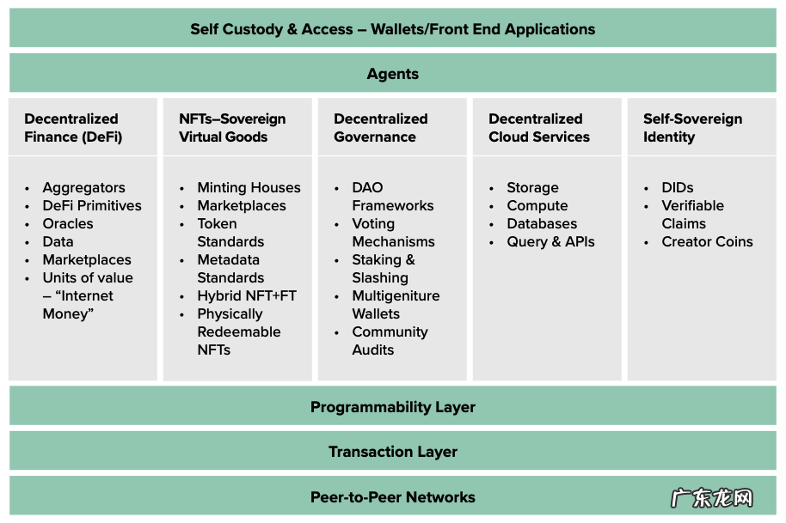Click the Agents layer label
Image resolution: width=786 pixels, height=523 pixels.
click(392, 74)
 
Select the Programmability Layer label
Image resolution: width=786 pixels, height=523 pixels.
click(392, 407)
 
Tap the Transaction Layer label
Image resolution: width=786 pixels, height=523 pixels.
click(392, 452)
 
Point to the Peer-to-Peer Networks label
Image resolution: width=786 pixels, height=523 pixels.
click(392, 497)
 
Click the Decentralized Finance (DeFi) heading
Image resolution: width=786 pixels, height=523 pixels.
click(73, 128)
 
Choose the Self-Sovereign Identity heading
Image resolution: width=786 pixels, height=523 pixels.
click(692, 128)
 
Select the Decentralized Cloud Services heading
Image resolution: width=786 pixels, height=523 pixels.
click(539, 128)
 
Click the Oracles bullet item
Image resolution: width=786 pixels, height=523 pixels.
click(68, 223)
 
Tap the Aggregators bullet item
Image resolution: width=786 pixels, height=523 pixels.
click(83, 187)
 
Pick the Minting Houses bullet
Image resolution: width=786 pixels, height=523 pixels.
click(249, 187)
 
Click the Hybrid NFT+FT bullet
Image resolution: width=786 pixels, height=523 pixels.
click(247, 295)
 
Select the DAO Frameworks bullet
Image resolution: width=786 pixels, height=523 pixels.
click(392, 197)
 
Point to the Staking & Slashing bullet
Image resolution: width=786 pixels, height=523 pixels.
click(383, 269)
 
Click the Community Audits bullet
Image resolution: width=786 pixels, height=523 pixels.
click(390, 341)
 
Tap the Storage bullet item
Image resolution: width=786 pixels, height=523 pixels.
click(532, 187)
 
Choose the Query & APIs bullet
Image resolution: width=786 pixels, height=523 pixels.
click(550, 241)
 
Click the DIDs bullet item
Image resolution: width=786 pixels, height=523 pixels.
click(677, 187)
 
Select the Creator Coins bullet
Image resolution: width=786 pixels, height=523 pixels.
click(707, 241)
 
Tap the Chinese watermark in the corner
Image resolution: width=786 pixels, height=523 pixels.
click(712, 499)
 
